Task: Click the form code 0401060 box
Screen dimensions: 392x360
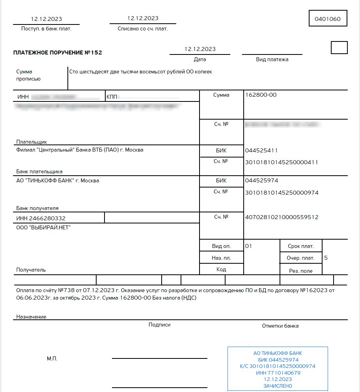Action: pos(328,19)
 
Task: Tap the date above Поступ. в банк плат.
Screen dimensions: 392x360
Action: pos(46,19)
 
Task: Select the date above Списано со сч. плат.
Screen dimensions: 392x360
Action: pos(143,18)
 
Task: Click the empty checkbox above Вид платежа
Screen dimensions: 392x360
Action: pos(339,47)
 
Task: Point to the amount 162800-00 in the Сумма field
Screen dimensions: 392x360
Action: pos(261,95)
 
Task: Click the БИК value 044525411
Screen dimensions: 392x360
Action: pos(261,150)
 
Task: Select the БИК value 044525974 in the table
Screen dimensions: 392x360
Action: pos(261,181)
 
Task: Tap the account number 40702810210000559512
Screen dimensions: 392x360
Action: pos(282,217)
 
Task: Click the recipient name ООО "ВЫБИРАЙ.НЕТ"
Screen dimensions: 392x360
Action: pos(43,227)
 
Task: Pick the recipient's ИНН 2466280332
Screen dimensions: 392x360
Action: pos(41,218)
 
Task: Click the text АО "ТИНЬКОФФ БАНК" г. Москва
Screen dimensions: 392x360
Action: pos(58,181)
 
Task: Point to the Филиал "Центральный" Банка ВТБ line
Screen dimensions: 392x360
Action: pos(80,150)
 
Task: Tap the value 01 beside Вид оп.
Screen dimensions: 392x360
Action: pos(248,246)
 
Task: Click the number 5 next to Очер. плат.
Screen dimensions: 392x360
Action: pos(326,258)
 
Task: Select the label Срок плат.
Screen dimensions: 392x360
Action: pos(301,246)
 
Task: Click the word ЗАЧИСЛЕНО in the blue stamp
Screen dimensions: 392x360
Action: pos(278,386)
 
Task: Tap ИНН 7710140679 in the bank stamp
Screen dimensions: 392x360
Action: pos(278,373)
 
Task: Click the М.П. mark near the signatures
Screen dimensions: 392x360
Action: pos(52,358)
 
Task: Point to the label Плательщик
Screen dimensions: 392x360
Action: pos(32,141)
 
